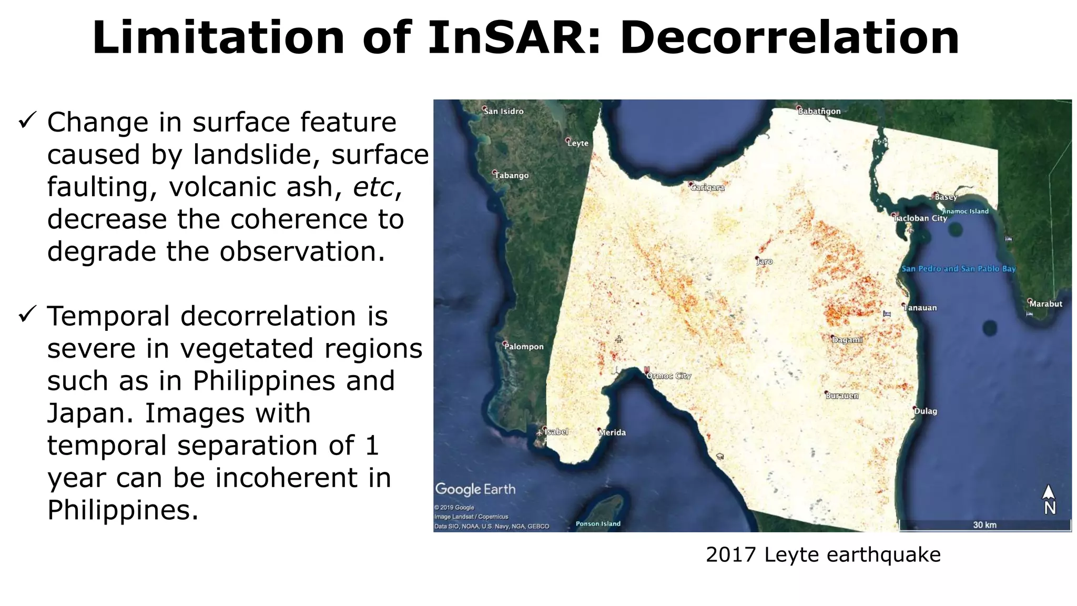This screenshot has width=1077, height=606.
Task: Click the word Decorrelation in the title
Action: pyautogui.click(x=789, y=38)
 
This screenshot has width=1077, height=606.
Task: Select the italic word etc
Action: pyautogui.click(x=373, y=187)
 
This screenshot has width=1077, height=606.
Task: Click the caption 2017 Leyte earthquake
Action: pyautogui.click(x=822, y=554)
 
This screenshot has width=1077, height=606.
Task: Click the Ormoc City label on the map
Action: pyautogui.click(x=668, y=376)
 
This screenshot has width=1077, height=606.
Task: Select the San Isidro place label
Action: pyautogui.click(x=504, y=111)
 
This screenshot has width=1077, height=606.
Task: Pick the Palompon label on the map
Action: pyautogui.click(x=524, y=346)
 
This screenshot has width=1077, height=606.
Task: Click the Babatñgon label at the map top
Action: pyautogui.click(x=819, y=111)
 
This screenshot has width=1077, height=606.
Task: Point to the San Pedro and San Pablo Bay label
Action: pyautogui.click(x=958, y=268)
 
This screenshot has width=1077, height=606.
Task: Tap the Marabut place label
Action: pyautogui.click(x=1045, y=304)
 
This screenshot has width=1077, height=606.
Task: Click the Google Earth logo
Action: pyautogui.click(x=475, y=489)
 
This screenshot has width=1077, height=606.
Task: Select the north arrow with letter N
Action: pyautogui.click(x=1049, y=500)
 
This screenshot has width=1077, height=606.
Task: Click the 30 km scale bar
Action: pyautogui.click(x=984, y=524)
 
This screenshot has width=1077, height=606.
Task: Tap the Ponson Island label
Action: pyautogui.click(x=598, y=523)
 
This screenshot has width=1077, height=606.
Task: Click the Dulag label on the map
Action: pyautogui.click(x=926, y=411)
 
